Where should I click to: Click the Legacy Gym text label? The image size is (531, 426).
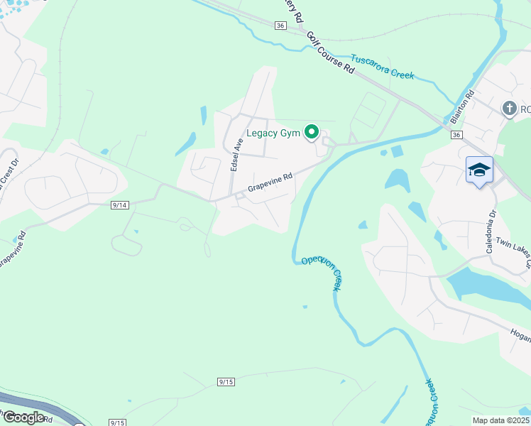tap(273, 133)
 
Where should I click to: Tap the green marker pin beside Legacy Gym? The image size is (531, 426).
tap(311, 131)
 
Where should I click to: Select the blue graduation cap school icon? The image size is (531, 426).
tap(479, 170)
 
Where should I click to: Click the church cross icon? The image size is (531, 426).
tap(508, 109)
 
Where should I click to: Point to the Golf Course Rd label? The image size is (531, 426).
tap(330, 54)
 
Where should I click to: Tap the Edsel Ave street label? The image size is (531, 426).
tap(236, 154)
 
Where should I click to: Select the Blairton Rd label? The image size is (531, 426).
tap(462, 107)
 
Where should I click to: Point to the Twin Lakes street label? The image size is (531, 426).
tap(513, 251)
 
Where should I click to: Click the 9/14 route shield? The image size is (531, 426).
tap(119, 205)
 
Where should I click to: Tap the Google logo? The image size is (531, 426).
tap(24, 417)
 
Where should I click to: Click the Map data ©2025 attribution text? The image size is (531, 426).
tap(500, 420)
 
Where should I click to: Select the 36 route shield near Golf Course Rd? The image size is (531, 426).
tap(280, 25)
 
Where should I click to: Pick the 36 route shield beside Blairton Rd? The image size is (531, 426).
tap(456, 135)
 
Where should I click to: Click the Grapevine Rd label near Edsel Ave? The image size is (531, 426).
tap(270, 184)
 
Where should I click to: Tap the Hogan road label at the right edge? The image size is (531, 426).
tap(520, 333)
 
